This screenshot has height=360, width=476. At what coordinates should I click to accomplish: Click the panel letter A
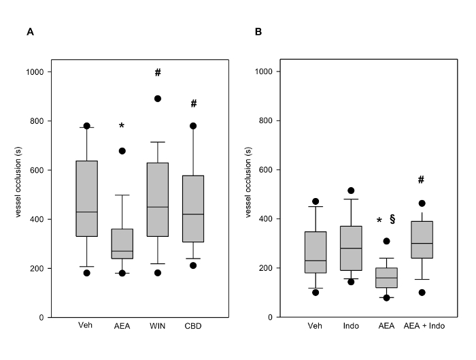tap(29, 31)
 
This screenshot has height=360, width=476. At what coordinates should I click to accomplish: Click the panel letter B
tap(258, 31)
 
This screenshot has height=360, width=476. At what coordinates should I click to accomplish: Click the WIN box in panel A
tap(158, 199)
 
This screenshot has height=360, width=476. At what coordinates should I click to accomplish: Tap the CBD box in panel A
tap(193, 209)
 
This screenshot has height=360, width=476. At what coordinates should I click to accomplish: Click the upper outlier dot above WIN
tap(158, 99)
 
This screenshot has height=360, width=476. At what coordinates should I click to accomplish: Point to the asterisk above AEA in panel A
tap(122, 127)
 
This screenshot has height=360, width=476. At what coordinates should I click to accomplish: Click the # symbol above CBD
tap(193, 103)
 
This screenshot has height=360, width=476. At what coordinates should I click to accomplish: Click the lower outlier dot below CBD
tap(193, 265)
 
